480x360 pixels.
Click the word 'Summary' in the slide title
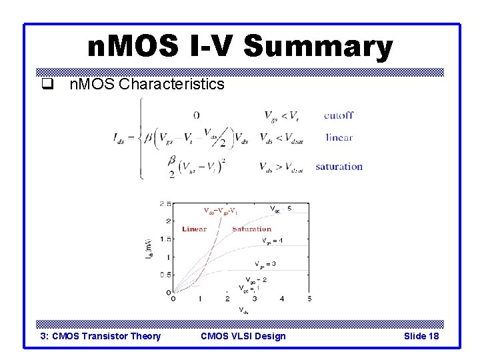318,47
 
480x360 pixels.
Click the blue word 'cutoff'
339,115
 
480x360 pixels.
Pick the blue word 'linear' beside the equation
339,138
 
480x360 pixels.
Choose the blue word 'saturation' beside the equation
339,167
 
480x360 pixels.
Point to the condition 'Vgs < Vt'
281,115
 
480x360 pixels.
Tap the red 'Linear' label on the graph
194,229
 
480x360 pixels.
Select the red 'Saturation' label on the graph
251,229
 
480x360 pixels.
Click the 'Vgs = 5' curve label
280,209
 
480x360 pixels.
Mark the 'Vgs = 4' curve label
274,240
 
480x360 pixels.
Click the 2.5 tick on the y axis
165,203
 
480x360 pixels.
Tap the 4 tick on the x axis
282,299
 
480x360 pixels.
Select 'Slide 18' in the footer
421,336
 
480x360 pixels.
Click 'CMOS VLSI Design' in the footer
243,336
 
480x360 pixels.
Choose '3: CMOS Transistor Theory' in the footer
101,336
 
